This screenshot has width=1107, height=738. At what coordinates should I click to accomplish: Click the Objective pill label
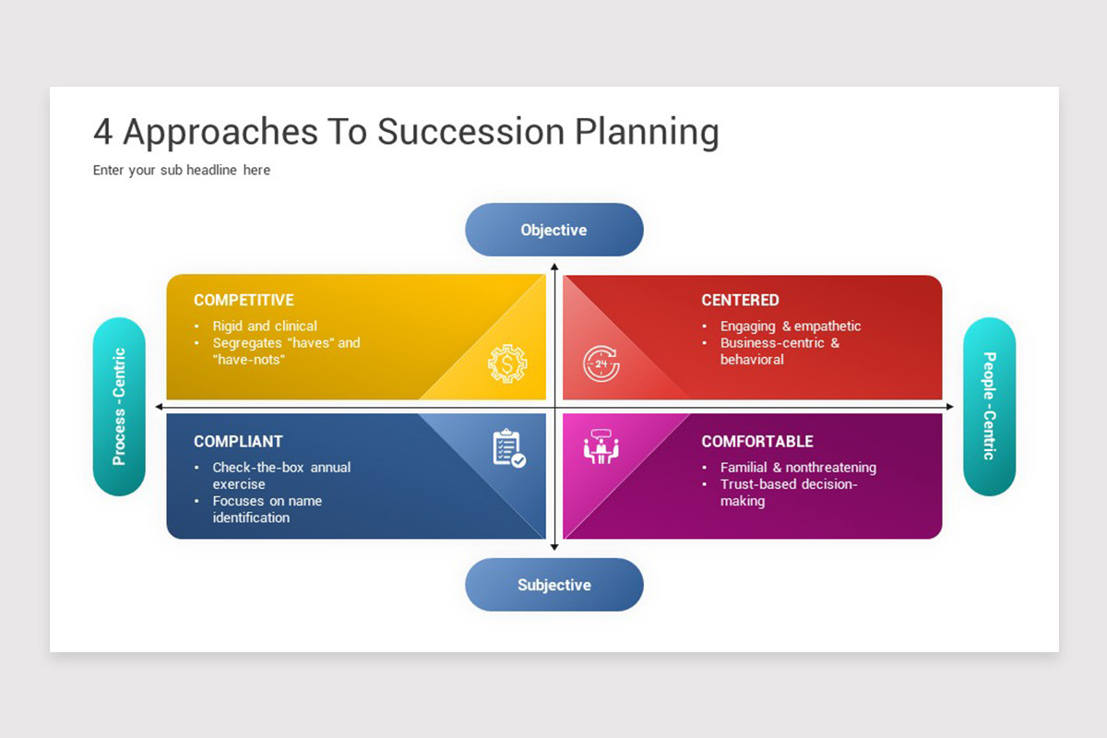553,230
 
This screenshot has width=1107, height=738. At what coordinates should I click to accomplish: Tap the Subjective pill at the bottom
554,585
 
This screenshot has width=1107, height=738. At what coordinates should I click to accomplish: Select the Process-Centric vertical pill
119,406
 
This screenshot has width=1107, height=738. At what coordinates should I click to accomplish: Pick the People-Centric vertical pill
989,406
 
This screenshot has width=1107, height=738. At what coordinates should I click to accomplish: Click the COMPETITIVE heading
244,300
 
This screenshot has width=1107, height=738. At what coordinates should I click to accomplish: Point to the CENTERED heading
740,300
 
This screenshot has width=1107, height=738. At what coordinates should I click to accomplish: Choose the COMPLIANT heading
238,441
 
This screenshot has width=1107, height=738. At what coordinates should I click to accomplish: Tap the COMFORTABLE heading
757,441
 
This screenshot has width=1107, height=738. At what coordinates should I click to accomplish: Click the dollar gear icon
507,363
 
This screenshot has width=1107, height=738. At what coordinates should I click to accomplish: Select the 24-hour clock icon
601,363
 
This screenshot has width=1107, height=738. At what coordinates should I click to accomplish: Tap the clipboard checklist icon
509,447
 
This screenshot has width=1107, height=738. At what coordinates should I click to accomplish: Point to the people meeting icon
601,446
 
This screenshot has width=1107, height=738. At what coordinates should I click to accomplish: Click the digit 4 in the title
102,132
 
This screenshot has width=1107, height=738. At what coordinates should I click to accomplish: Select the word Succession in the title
471,132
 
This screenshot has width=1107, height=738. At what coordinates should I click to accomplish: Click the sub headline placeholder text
182,170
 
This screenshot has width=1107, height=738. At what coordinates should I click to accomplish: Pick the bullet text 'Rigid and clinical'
265,327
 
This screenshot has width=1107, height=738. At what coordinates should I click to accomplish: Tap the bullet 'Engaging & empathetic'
791,327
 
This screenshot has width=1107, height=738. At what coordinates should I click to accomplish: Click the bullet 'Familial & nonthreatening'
798,468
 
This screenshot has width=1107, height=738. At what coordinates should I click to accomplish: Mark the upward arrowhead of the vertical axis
554,267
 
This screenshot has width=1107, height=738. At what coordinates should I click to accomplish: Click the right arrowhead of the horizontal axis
950,407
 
